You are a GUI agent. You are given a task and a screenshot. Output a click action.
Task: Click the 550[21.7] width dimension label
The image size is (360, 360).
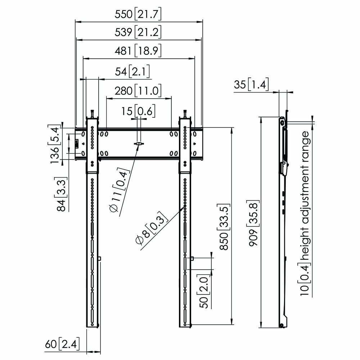click(x=138, y=14)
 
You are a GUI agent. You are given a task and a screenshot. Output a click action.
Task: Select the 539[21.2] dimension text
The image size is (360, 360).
click(x=138, y=32)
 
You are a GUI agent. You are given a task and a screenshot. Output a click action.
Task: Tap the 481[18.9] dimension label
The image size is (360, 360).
click(x=138, y=51)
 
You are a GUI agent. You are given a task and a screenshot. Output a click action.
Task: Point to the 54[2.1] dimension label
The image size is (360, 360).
click(x=132, y=71)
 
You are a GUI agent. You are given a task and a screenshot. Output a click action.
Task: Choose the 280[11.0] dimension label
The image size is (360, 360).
click(x=138, y=91)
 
